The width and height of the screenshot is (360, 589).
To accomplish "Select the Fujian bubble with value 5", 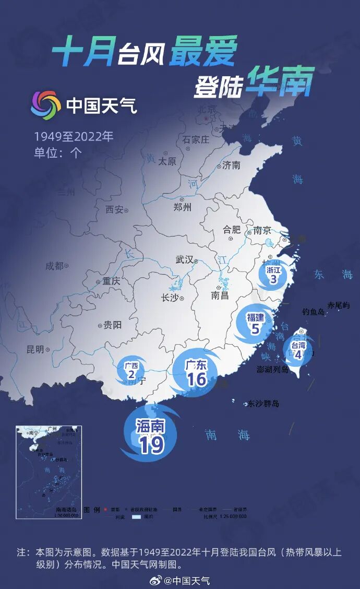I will point(255,323).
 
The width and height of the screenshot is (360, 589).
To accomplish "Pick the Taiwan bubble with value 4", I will point(298,350).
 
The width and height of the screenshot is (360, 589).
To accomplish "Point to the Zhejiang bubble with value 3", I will point(273,275).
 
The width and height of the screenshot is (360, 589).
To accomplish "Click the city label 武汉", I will point(185,260).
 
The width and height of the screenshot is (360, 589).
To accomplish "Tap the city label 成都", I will point(54,266).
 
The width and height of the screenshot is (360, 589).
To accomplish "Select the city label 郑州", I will point(182,207).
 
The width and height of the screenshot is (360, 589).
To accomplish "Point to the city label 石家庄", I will point(196,139).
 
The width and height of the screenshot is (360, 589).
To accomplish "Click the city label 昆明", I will point(35,349).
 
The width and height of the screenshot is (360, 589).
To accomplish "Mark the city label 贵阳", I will point(112,325).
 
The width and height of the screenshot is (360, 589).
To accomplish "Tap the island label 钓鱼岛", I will point(314,312).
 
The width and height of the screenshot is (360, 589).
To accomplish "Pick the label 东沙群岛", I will point(263,404).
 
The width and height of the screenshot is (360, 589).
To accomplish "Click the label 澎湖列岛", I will point(273,370).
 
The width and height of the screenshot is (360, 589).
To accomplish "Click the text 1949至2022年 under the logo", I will point(74,137).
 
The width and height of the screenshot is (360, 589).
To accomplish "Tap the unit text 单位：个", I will point(58,152).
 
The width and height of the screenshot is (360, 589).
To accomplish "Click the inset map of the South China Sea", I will point(49,472).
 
